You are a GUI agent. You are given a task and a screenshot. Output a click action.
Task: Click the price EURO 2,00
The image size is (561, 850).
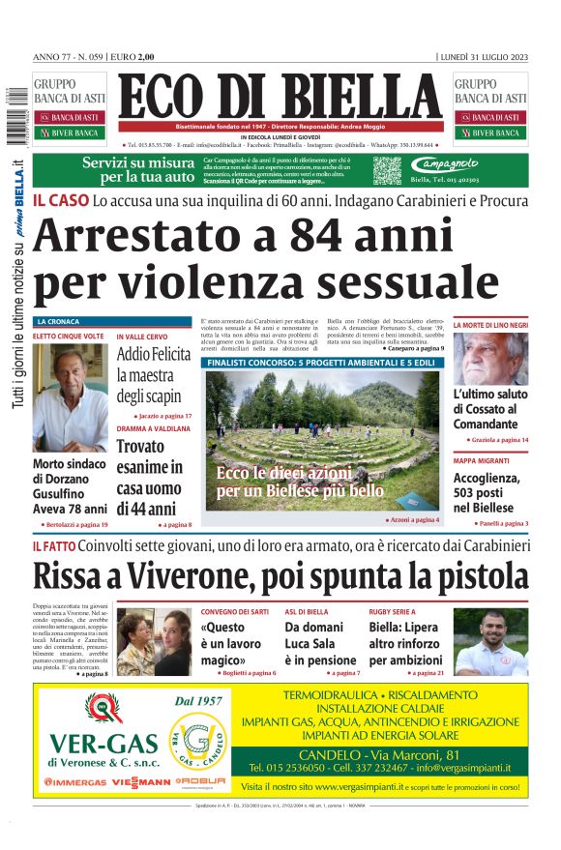pyautogui.click(x=133, y=56)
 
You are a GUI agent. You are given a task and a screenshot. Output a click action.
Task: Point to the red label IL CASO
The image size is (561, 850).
pyautogui.click(x=60, y=201)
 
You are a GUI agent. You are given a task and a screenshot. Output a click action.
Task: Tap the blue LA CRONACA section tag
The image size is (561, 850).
pyautogui.click(x=58, y=321)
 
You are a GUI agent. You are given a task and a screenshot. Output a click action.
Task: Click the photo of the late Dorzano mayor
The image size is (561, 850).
pyautogui.click(x=71, y=396)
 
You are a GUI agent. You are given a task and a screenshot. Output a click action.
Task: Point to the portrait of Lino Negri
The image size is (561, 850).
pyautogui.click(x=491, y=359)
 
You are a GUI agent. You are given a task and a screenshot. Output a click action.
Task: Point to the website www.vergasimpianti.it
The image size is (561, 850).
pyautogui.click(x=365, y=786)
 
